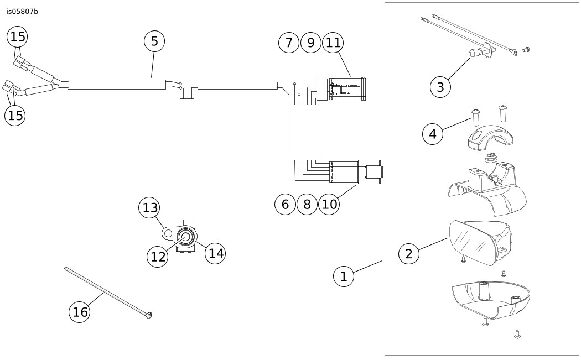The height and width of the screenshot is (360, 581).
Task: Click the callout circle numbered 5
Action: (154, 41)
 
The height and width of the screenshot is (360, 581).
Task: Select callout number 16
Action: (80, 312)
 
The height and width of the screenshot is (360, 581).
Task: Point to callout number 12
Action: (158, 257)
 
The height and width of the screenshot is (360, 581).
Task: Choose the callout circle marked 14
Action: (216, 253)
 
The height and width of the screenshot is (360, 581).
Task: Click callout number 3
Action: (440, 87)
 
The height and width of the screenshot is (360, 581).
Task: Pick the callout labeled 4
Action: (433, 134)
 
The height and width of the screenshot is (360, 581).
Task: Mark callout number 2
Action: (409, 254)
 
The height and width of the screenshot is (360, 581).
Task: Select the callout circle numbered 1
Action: (344, 276)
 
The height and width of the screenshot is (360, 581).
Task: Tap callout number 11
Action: (333, 43)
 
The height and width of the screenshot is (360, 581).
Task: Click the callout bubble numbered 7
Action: (289, 43)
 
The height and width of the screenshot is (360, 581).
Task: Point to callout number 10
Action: (329, 205)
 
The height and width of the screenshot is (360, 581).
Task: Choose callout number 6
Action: (285, 205)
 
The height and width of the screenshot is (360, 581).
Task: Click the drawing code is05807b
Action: (22, 12)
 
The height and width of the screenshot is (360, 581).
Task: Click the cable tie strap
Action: (105, 291)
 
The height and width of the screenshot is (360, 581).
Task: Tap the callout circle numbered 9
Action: (311, 43)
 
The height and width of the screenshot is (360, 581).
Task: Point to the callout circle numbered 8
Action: (307, 205)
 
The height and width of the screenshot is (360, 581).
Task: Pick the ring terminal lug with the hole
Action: (169, 233)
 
